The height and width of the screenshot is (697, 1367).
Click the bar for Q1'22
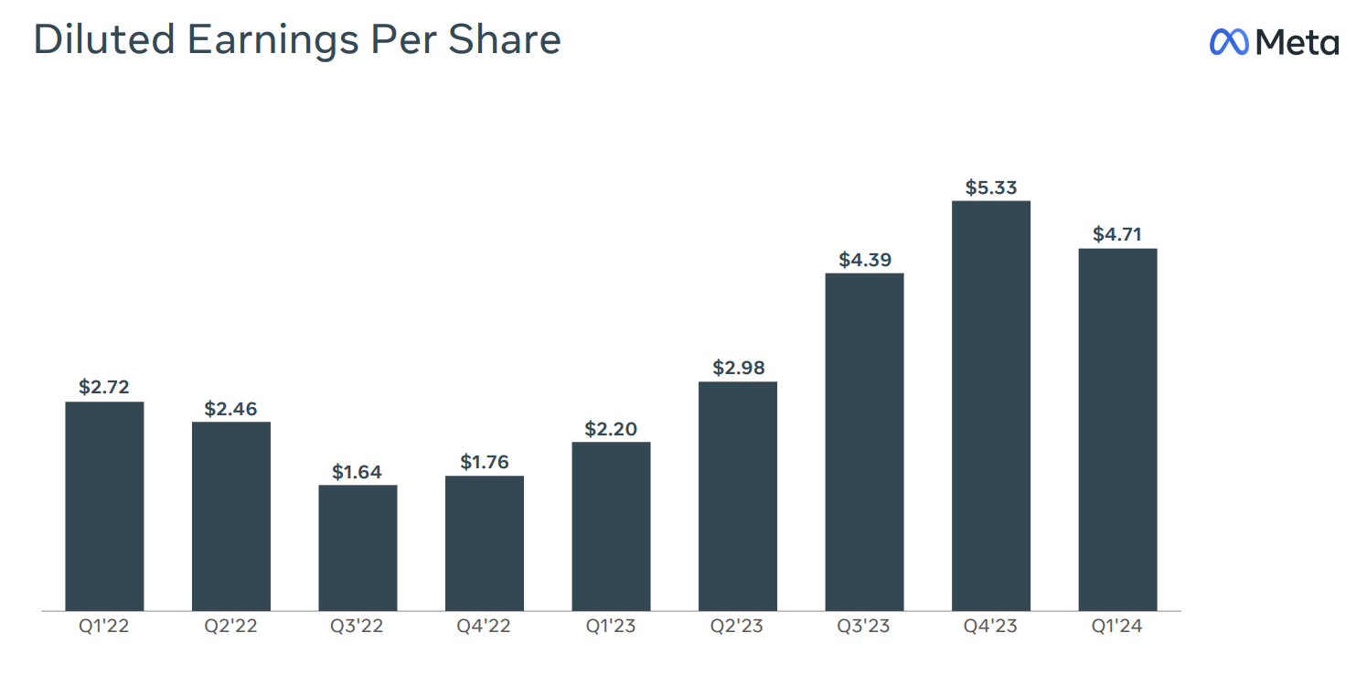pyautogui.click(x=104, y=506)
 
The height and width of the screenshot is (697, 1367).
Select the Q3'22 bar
pyautogui.click(x=358, y=547)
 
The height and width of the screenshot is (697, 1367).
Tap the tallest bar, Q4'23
pyautogui.click(x=990, y=405)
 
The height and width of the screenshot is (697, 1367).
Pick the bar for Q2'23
pyautogui.click(x=737, y=496)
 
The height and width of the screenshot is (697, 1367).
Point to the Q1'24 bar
pyautogui.click(x=1117, y=429)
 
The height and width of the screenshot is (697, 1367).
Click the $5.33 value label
pyautogui.click(x=990, y=188)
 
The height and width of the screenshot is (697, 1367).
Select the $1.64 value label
pyautogui.click(x=358, y=472)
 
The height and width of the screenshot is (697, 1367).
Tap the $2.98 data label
pyautogui.click(x=737, y=369)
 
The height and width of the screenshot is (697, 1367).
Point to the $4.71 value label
pyautogui.click(x=1117, y=235)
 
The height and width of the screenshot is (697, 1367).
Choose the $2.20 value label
pyautogui.click(x=611, y=429)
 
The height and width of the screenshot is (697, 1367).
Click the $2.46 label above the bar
pyautogui.click(x=230, y=409)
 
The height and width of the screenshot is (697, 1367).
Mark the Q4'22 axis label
pyautogui.click(x=485, y=627)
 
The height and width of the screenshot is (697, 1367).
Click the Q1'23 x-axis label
pyautogui.click(x=611, y=627)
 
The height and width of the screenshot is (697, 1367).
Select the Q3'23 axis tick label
pyautogui.click(x=864, y=627)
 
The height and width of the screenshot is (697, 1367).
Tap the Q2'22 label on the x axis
pyautogui.click(x=230, y=627)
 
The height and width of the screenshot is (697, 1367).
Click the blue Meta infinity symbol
pyautogui.click(x=1229, y=41)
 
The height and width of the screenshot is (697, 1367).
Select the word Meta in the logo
pyautogui.click(x=1297, y=42)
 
